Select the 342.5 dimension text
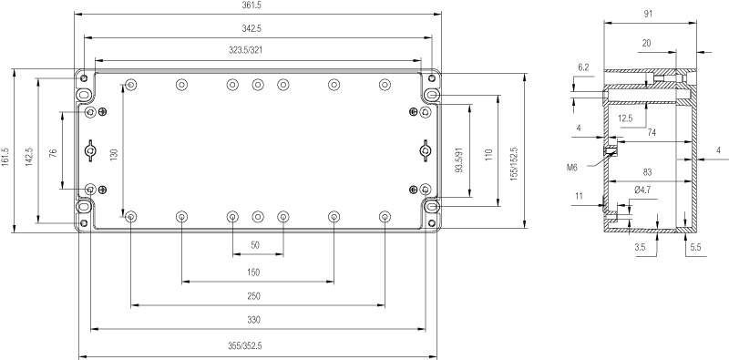(x=252, y=28)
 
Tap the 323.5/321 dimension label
(x=246, y=50)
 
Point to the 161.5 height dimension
(x=5, y=157)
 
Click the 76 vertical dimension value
(x=53, y=152)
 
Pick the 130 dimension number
(x=115, y=153)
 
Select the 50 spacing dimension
(x=255, y=245)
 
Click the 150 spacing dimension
(x=253, y=273)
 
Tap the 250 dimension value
(x=254, y=296)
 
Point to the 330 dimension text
(x=254, y=320)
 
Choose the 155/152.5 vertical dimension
(x=514, y=164)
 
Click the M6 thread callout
(x=572, y=168)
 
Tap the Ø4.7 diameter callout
(x=642, y=190)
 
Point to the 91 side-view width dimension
(x=648, y=14)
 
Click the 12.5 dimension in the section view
(x=625, y=118)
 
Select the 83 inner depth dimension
(x=647, y=172)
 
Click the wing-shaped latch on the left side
(x=89, y=150)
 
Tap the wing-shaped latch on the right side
(x=426, y=150)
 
